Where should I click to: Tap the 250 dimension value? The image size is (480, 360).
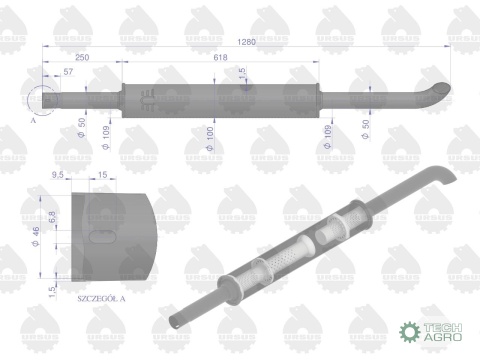82,58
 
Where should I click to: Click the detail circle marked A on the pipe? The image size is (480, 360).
45,100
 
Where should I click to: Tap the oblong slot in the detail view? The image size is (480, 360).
103,238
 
